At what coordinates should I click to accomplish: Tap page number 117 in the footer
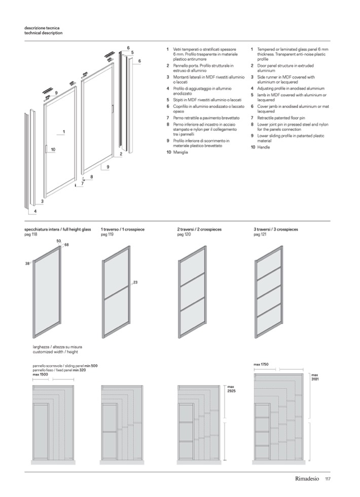tap(328, 479)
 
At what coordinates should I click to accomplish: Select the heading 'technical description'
tap(44, 33)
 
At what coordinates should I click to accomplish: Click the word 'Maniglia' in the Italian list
tap(181, 152)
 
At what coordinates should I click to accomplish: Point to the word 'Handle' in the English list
tap(264, 147)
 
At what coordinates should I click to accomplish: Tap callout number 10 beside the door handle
tap(53, 149)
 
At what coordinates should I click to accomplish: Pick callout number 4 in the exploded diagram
tap(35, 211)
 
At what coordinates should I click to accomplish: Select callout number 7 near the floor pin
tap(82, 183)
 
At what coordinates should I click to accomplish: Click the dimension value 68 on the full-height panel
tap(66, 245)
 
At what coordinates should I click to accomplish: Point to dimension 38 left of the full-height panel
tap(27, 263)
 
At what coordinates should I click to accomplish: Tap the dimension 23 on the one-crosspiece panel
tap(135, 282)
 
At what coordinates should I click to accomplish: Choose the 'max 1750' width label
tap(261, 365)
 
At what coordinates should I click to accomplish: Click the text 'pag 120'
tap(184, 235)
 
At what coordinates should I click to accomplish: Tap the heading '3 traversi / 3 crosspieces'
tap(276, 230)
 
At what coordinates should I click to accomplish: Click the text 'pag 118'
tap(31, 235)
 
